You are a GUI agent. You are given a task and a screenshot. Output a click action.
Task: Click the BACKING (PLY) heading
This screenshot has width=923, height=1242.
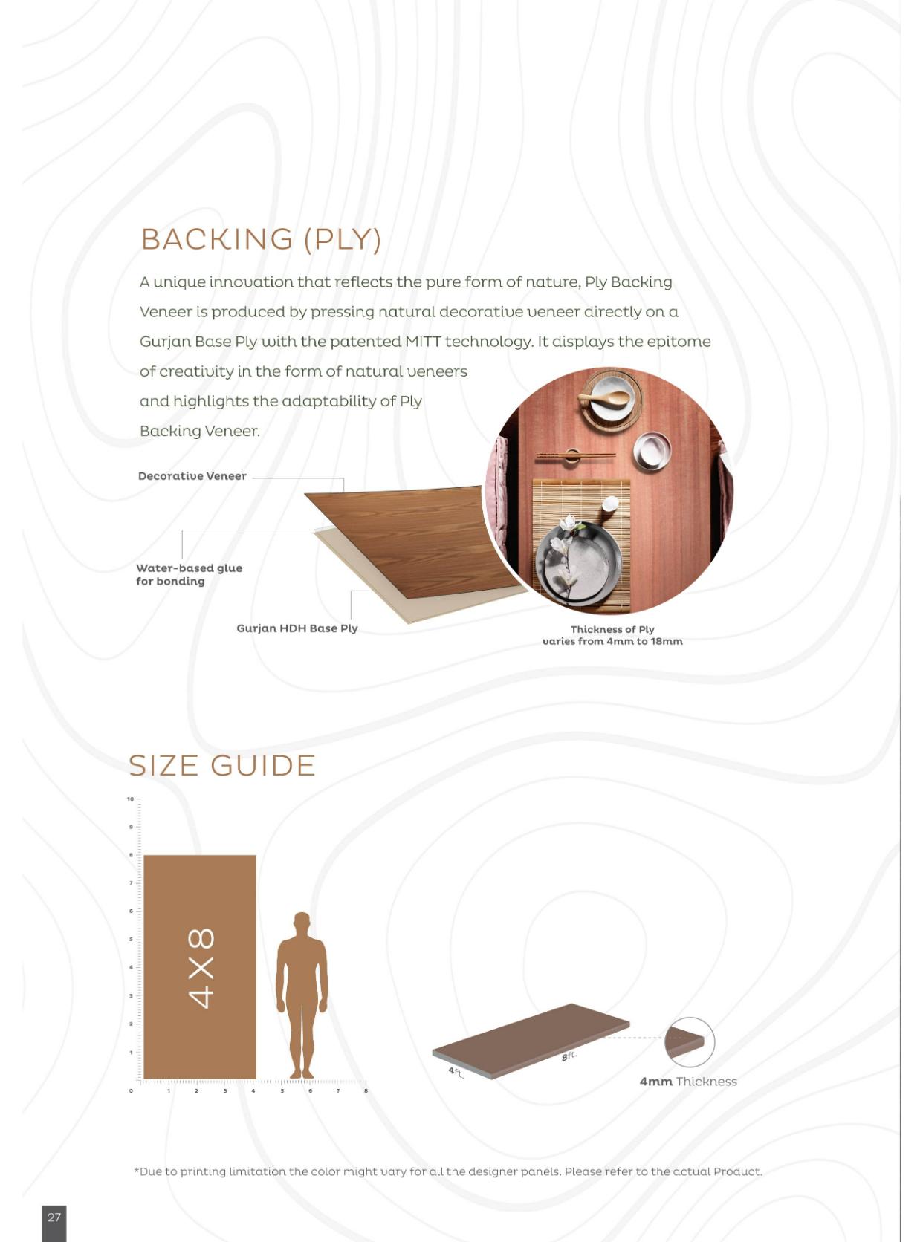tap(261, 240)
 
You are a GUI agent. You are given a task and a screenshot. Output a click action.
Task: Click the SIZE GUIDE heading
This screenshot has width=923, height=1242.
tap(222, 765)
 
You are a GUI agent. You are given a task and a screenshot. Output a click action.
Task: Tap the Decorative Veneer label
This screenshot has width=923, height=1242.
tap(192, 476)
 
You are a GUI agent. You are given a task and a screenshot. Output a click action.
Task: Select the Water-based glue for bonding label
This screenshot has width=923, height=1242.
tap(189, 574)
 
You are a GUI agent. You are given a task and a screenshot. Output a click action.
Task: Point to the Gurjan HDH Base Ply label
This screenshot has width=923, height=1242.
tap(297, 628)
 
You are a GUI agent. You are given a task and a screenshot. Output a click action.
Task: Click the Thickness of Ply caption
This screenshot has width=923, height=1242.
tap(612, 636)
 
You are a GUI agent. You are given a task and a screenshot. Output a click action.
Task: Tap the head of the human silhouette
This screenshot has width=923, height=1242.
tap(302, 920)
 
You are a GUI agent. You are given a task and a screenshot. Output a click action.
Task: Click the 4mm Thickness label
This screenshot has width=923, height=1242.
tap(688, 1082)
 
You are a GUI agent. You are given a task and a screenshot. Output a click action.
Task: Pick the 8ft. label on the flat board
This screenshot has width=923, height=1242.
tap(569, 1056)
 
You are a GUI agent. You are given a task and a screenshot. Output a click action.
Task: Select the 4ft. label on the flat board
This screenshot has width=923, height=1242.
tap(456, 1073)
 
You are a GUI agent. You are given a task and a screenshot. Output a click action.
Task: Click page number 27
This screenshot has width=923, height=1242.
tap(54, 1217)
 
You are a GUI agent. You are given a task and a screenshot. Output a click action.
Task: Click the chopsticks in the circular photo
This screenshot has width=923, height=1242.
tap(576, 456)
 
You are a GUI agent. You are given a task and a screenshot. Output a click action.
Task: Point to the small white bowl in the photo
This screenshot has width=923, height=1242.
tap(652, 452)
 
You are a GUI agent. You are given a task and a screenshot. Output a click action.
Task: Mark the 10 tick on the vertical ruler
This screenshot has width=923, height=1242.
tap(131, 799)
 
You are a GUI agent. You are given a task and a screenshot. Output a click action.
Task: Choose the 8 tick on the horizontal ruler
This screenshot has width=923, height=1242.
tap(366, 1090)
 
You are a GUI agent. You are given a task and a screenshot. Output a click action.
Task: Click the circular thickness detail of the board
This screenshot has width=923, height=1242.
tap(690, 1042)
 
